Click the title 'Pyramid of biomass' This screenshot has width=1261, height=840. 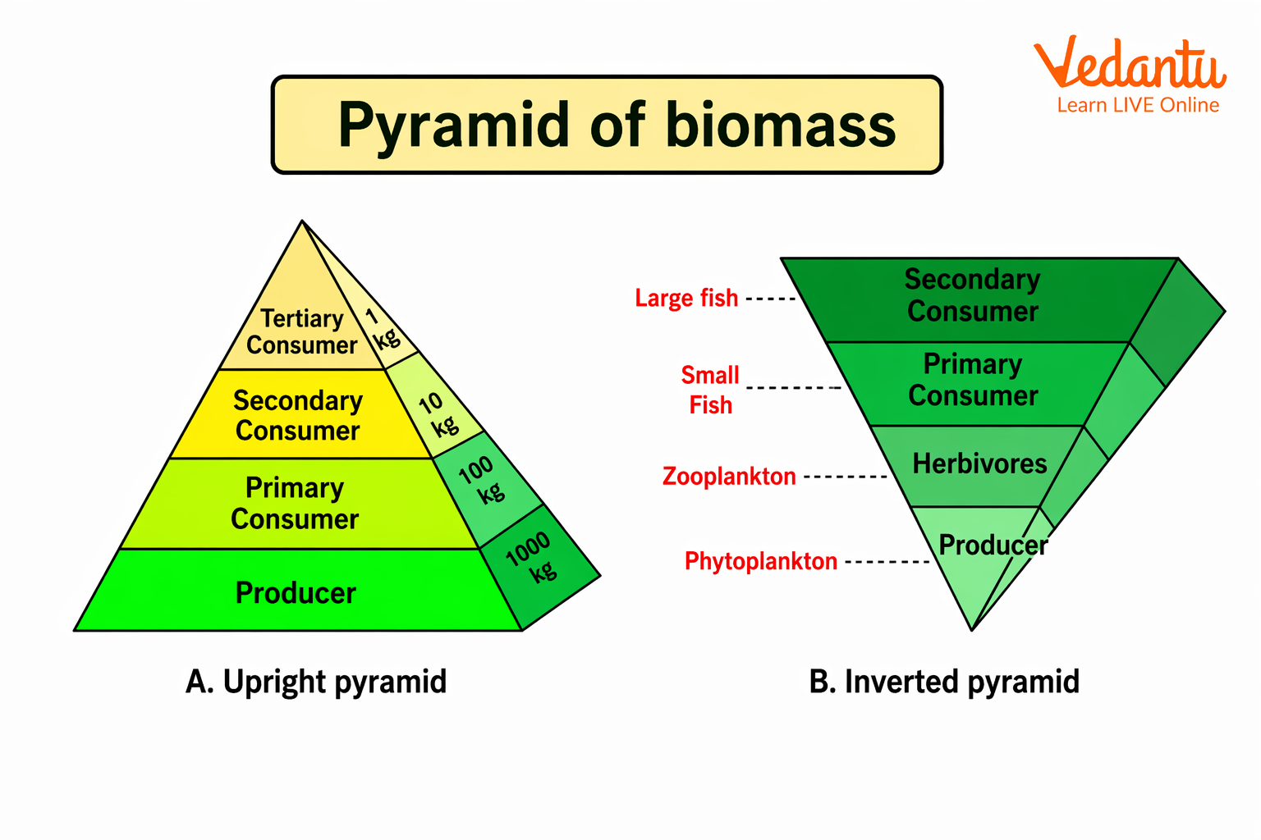point(616,126)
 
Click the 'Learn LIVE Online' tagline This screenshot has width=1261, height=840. point(1138,105)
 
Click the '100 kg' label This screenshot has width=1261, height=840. point(483,480)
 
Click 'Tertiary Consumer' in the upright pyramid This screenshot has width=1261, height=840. point(301,331)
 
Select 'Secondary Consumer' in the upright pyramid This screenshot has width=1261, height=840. point(297,415)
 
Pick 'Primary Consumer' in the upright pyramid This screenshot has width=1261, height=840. point(295,503)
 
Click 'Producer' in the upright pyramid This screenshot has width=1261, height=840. point(296,592)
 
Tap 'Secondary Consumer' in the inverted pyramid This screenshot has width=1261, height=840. point(973,295)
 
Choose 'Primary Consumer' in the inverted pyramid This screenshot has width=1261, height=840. point(973,380)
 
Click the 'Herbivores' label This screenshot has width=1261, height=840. point(979,463)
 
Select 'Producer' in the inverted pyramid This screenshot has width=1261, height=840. point(993,545)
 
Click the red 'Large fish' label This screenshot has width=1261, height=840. point(686,298)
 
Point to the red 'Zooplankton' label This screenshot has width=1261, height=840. point(729,476)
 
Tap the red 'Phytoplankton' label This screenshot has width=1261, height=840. point(761,561)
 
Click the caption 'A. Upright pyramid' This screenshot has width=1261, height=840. point(316,682)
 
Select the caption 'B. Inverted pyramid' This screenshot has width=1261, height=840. point(944,682)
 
